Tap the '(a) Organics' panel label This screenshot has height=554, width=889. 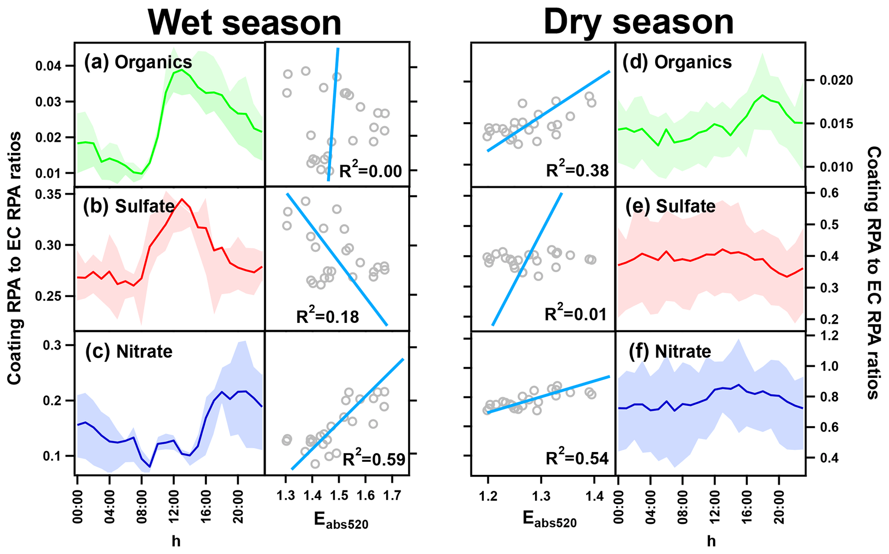click(138, 62)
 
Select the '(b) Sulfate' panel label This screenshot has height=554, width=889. click(129, 207)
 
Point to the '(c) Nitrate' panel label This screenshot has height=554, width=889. click(129, 352)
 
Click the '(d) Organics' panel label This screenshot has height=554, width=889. click(677, 62)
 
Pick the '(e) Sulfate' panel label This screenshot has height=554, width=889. click(671, 207)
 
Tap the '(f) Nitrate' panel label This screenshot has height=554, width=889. click(670, 352)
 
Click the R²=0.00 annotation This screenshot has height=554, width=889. click(371, 171)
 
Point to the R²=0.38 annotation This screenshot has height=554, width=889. click(577, 170)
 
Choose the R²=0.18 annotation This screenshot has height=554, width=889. click(328, 316)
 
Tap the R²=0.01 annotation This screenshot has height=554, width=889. click(576, 314)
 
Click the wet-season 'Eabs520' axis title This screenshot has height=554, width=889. click(341, 521)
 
